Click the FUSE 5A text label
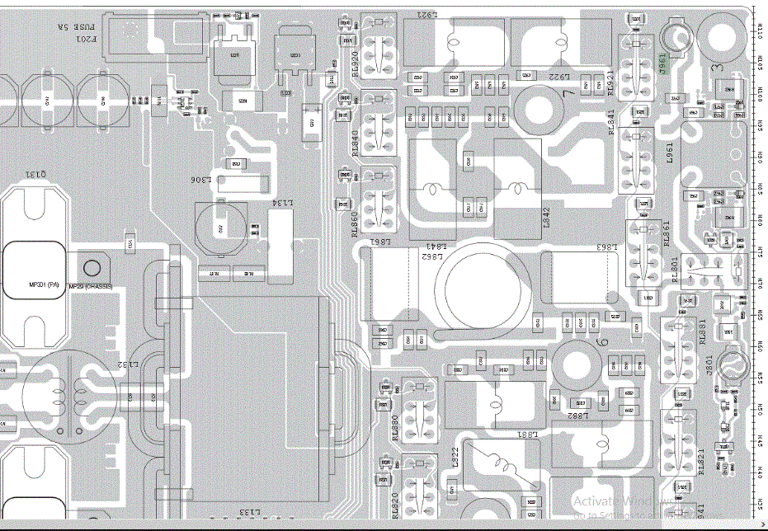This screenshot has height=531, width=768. (x=64, y=26)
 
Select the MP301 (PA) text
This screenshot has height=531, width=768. (x=45, y=285)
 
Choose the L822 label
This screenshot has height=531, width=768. (x=455, y=458)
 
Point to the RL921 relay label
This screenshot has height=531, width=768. (x=610, y=82)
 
